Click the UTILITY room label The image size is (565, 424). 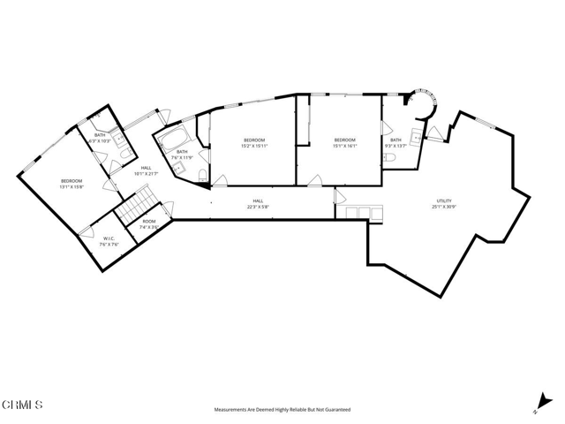coord(443,202)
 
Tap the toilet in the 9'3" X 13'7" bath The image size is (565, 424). coord(389,157)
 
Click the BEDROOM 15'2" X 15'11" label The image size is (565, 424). coord(254,143)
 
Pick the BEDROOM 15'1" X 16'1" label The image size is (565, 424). coord(344,143)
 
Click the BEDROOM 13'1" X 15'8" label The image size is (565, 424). coord(71,184)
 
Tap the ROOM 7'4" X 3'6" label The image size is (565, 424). coord(148,224)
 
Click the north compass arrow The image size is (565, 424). coord(538,402)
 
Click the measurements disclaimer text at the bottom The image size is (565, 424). coord(282,410)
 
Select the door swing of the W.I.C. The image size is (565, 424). coord(87,231)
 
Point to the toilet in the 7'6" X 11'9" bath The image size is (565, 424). coord(202,172)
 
